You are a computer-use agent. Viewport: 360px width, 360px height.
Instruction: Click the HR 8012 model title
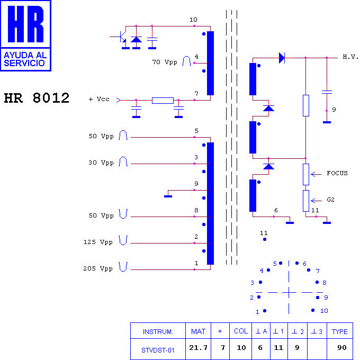tap(37, 98)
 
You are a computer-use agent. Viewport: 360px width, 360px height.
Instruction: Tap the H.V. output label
tap(350, 57)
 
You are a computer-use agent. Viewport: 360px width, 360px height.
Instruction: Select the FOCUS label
tap(337, 173)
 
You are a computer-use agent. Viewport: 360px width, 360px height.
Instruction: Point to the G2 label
tap(330, 200)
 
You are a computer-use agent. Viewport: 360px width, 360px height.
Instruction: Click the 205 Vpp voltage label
tap(98, 268)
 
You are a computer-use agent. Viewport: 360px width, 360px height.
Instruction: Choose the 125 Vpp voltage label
tap(98, 242)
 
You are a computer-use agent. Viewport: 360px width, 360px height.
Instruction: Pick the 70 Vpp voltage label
tap(165, 62)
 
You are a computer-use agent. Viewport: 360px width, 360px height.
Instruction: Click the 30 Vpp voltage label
tap(101, 163)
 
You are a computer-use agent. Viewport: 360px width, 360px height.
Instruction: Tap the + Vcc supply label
tap(99, 99)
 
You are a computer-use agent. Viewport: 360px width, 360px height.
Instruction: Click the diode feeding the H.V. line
tap(282, 58)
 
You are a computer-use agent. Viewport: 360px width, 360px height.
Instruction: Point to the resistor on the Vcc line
tap(163, 101)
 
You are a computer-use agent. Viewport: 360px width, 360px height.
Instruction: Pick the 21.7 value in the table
tap(198, 348)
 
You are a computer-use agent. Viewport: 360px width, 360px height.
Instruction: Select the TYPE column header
tap(339, 331)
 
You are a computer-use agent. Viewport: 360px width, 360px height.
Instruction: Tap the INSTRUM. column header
tap(158, 332)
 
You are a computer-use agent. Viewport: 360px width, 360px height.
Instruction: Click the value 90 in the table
tap(341, 348)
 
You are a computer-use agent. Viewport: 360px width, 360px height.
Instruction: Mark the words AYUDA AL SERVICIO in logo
tap(25, 59)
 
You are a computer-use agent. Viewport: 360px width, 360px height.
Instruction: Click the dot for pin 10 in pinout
tap(313, 310)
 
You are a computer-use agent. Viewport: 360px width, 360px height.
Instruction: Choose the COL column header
tap(241, 331)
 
